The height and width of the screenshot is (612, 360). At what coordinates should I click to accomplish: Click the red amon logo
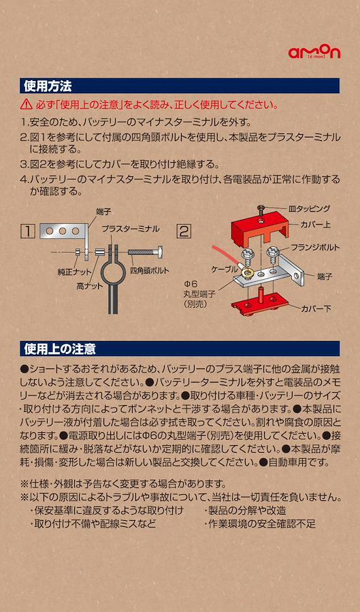[x=314, y=52]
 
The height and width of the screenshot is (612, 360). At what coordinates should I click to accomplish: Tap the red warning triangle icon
[x=27, y=104]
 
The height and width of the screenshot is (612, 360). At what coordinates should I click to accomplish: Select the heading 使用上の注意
[x=60, y=349]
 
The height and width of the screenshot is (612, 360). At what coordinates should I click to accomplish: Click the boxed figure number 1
[x=28, y=231]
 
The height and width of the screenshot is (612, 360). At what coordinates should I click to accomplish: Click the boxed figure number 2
[x=184, y=231]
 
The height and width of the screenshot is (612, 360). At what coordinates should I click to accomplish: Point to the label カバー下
[x=316, y=309]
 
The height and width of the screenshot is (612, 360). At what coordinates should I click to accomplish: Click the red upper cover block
[x=260, y=231]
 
